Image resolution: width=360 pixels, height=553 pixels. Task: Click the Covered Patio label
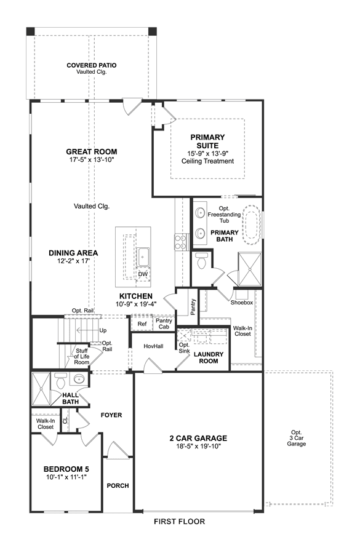click(x=92, y=65)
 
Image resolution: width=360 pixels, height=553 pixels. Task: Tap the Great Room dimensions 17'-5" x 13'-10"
click(x=92, y=160)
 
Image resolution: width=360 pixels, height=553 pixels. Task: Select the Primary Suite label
click(x=207, y=141)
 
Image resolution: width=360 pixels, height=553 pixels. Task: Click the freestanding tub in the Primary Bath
click(x=252, y=225)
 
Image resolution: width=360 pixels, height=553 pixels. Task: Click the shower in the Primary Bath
click(x=249, y=269)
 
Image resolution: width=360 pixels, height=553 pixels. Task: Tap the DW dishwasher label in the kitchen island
click(x=143, y=274)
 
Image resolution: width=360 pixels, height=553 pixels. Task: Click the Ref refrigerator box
click(x=142, y=324)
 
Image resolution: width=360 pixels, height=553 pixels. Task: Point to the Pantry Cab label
click(x=164, y=324)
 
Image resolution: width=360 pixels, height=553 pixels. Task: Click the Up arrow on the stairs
click(x=87, y=330)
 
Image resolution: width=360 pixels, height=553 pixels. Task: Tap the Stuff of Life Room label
click(x=81, y=357)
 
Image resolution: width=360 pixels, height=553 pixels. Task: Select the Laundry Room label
click(x=209, y=357)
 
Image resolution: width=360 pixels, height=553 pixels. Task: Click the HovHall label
click(x=153, y=346)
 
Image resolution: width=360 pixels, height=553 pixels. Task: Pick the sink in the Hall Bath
click(x=78, y=379)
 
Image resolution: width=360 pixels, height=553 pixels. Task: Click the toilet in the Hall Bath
click(x=61, y=381)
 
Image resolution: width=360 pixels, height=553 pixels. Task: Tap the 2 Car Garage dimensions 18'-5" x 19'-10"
click(x=198, y=447)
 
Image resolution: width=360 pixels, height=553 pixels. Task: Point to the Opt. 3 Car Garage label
click(x=297, y=438)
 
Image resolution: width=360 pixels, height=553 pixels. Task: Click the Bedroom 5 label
click(x=66, y=469)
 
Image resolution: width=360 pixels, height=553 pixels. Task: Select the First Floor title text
click(x=179, y=521)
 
